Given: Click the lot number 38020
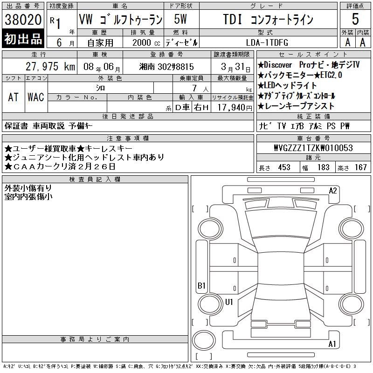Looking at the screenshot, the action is (x=23, y=20).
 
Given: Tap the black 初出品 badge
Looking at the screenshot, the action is (x=23, y=39).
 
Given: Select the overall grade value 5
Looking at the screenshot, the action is (x=355, y=19).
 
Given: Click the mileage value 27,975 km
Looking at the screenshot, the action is (x=50, y=67).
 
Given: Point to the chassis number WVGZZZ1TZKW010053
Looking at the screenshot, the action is (x=313, y=148).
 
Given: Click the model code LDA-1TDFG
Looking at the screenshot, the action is (x=267, y=42).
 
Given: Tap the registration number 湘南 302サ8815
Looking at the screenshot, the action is (x=166, y=67).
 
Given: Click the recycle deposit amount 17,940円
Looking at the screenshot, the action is (x=235, y=108).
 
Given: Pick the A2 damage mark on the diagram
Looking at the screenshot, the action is (x=333, y=191).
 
